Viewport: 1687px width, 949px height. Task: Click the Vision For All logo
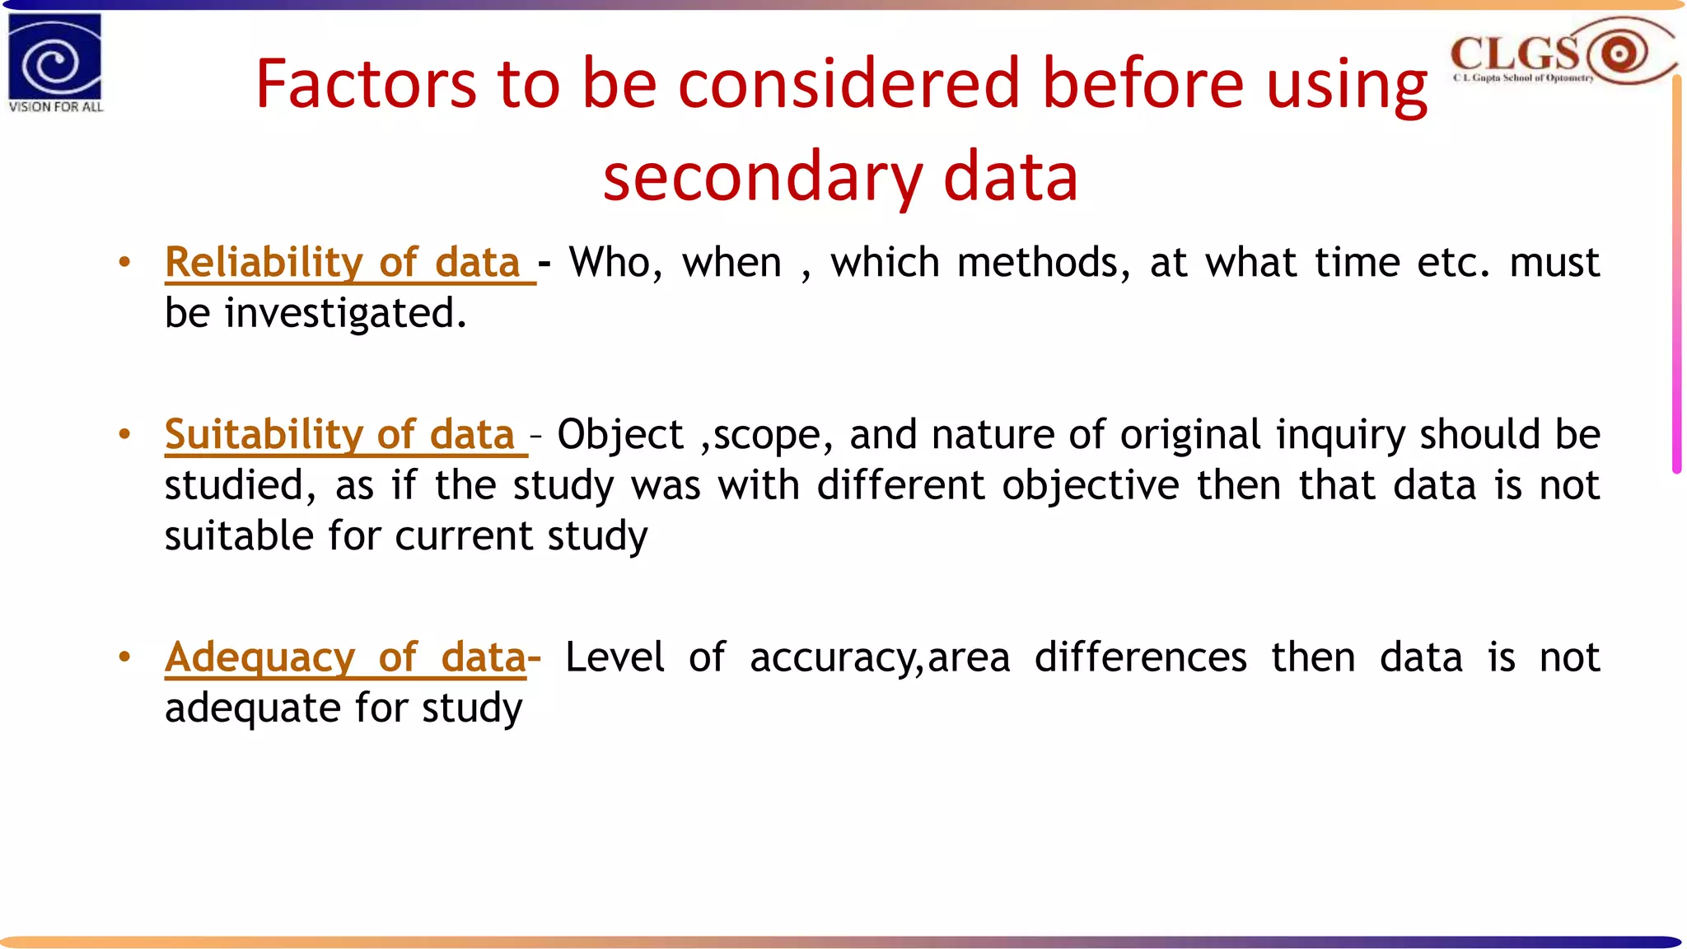pos(55,62)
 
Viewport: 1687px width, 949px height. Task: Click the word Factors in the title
pos(366,84)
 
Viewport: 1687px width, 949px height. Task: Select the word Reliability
pos(264,263)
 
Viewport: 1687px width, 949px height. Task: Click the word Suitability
pos(264,435)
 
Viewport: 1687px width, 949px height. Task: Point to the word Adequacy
pos(259,658)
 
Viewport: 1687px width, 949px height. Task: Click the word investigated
pos(345,314)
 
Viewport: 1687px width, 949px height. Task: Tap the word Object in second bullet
pos(620,435)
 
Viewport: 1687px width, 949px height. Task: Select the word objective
pos(1091,485)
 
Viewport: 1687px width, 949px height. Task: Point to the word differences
pos(1140,658)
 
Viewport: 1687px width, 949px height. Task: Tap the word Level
pos(615,658)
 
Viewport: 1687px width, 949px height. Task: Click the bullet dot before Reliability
pos(124,263)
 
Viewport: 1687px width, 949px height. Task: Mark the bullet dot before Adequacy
pos(124,657)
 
